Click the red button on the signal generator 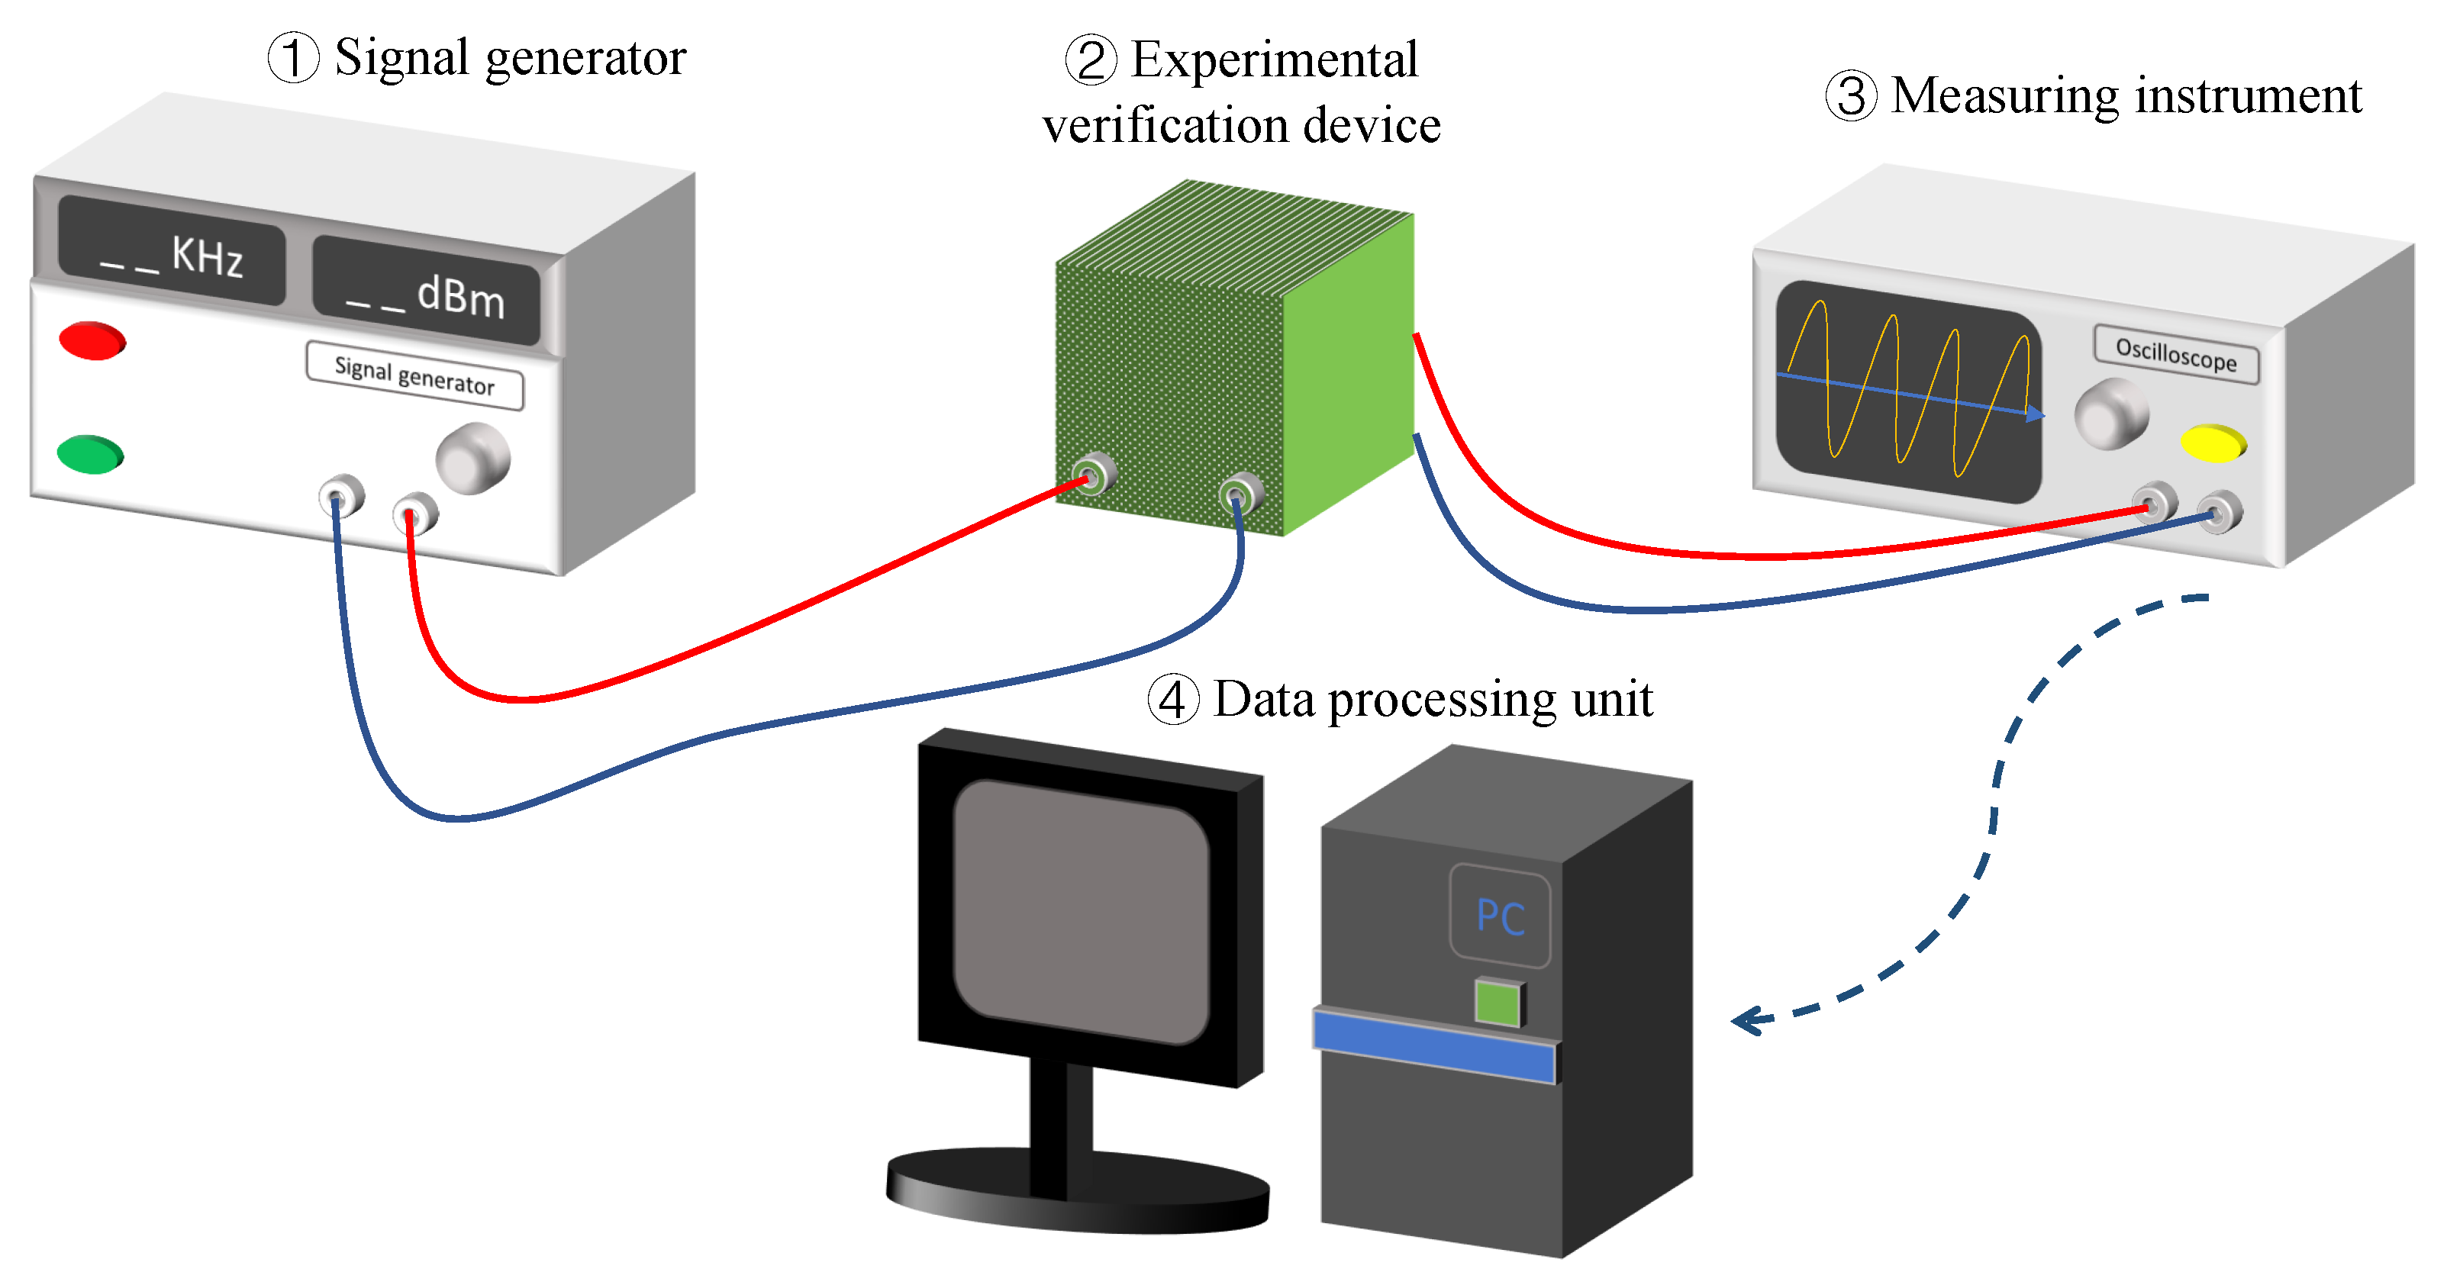coord(92,341)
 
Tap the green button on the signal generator coord(90,454)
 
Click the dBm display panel coord(427,291)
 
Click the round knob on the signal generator coord(473,458)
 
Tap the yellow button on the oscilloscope coord(2213,443)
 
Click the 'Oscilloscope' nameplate coord(2175,354)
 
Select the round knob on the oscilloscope coord(2110,413)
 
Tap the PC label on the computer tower coord(1500,916)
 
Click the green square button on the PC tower coord(1498,1003)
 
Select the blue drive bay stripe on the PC coord(1434,1045)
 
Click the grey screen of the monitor coord(1081,912)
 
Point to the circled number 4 coord(1173,700)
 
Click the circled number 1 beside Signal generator coord(294,57)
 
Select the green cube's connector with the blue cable coord(1240,494)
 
